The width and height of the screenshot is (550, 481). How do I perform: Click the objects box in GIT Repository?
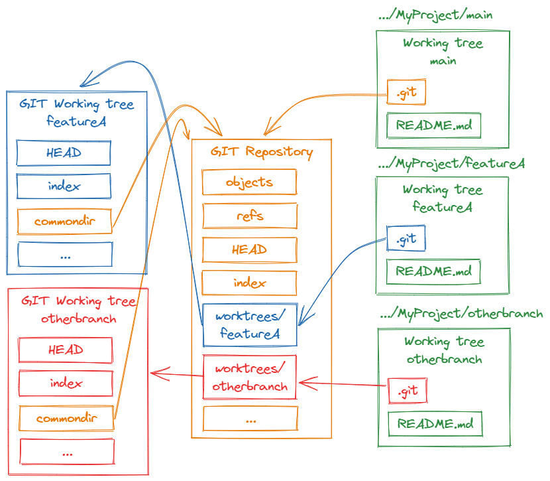249,182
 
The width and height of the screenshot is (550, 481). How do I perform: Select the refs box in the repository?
249,216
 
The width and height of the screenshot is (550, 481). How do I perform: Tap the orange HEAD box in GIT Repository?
249,250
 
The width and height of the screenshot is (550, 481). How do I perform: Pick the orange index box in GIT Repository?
249,283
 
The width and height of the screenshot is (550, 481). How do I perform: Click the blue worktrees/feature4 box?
249,325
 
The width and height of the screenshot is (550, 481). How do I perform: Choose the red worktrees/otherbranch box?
249,378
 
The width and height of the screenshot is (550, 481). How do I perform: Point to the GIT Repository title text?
261,152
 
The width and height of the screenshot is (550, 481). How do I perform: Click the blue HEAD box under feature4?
64,153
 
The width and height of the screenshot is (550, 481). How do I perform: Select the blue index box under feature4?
64,186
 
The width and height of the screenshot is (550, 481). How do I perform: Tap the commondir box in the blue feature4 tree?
64,221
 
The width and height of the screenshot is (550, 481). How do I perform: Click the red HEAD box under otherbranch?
65,350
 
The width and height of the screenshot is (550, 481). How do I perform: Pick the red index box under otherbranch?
65,383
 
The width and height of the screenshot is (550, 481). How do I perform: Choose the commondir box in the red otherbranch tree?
66,419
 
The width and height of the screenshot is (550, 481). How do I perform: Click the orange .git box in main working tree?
406,93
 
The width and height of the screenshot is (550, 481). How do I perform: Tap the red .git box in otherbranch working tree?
407,391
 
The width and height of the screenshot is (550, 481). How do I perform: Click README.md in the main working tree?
433,125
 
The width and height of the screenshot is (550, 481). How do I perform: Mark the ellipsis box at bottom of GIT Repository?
250,419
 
